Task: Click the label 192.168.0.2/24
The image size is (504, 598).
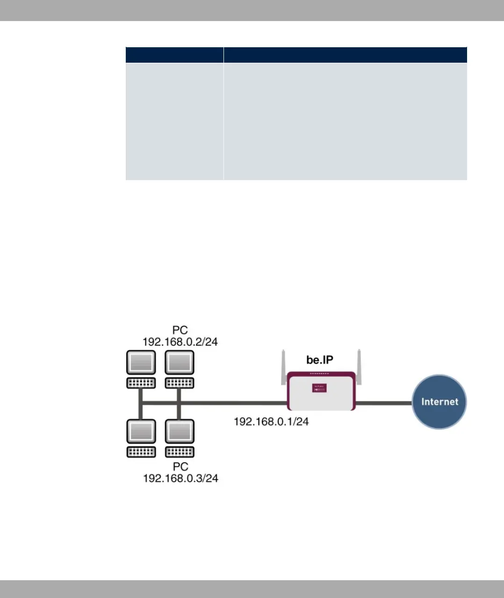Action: click(180, 342)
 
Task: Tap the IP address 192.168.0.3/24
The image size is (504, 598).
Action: click(180, 479)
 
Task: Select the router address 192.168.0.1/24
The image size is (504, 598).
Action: click(271, 422)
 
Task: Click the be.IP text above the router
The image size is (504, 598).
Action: click(320, 360)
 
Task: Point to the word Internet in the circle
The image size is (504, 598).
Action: click(439, 401)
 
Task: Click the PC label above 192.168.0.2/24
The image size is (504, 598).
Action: click(180, 330)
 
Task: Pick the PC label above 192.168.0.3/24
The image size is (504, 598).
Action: click(180, 467)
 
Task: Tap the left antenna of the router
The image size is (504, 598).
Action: click(283, 363)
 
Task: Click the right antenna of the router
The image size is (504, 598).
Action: click(359, 362)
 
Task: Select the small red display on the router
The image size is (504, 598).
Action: click(320, 388)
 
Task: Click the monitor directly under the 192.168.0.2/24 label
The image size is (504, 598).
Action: click(180, 362)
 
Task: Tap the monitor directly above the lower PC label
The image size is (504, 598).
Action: click(180, 431)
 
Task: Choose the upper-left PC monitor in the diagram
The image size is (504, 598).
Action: click(141, 362)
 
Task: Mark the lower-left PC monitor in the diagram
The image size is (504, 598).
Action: click(141, 431)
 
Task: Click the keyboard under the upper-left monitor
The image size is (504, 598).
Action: click(141, 383)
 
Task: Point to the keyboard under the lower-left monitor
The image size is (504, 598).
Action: click(141, 452)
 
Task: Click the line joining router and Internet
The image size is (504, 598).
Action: click(383, 403)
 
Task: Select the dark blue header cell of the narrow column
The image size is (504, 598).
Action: click(174, 55)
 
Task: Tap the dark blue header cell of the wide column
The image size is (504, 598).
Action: click(345, 55)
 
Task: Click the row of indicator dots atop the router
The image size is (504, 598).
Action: click(320, 374)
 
